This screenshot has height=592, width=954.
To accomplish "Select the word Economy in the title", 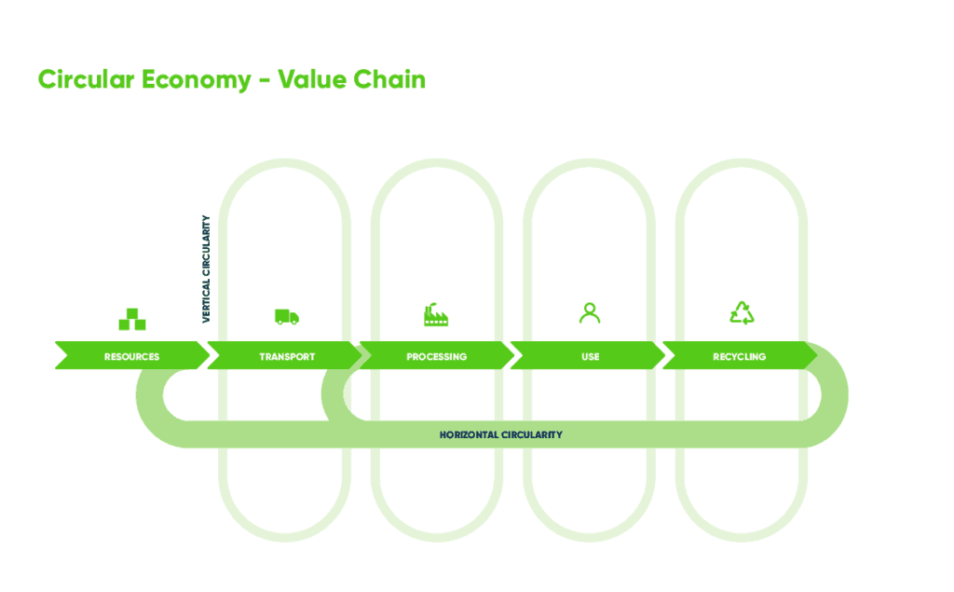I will (x=196, y=80).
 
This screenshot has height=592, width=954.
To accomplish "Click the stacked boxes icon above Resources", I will (x=132, y=319).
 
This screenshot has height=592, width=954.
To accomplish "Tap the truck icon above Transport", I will (x=287, y=317).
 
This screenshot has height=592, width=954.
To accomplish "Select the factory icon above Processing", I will (x=436, y=315).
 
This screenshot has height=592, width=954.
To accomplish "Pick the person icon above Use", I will (x=590, y=313).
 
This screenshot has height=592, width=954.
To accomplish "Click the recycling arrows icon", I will (x=742, y=313).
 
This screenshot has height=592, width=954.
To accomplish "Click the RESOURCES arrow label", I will (x=131, y=356).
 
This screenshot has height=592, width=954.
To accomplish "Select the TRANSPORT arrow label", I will (x=287, y=356).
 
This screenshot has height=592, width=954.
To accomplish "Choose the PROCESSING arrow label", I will (x=436, y=356).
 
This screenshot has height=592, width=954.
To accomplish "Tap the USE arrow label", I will (x=590, y=356).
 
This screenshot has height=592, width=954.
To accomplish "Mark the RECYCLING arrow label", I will (x=740, y=356).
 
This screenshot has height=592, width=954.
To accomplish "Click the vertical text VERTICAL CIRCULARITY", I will (x=206, y=269).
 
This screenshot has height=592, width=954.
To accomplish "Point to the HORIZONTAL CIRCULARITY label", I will (x=500, y=435).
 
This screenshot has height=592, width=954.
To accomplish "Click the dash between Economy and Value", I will (x=265, y=81).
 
